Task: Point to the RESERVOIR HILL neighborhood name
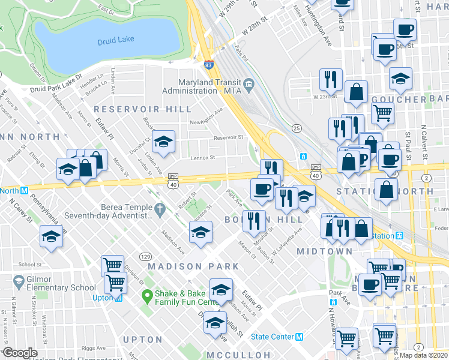142,109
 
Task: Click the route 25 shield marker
296,128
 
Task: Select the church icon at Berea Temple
159,210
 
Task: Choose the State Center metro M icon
298,337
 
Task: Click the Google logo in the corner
20,353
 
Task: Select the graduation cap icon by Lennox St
163,143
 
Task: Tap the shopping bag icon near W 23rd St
356,92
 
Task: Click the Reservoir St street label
229,137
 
